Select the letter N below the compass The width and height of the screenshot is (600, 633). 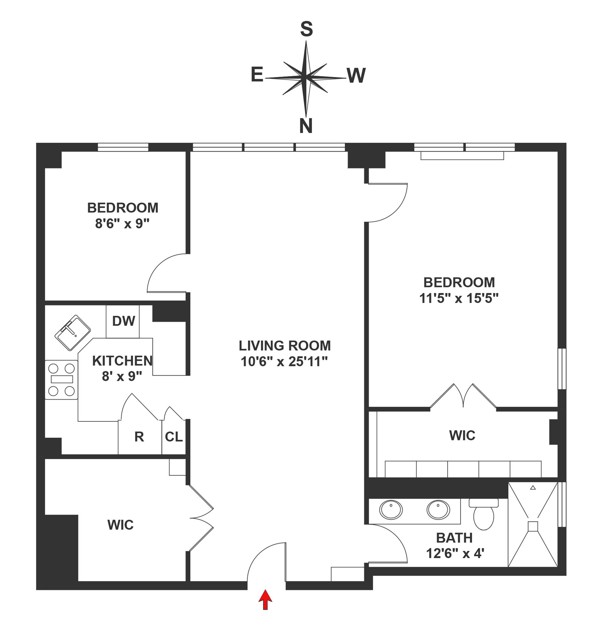[305, 126]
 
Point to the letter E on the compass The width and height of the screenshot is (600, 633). [257, 75]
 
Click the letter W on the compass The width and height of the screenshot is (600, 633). [356, 76]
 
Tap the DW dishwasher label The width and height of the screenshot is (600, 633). [123, 321]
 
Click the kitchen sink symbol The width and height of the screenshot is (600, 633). [73, 333]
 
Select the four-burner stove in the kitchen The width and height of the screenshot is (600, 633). [61, 380]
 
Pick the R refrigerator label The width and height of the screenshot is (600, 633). [139, 437]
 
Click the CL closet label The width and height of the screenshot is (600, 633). [174, 437]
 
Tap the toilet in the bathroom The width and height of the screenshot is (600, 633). [483, 515]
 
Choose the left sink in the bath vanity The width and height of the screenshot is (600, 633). [391, 509]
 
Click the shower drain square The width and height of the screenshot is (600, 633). [533, 526]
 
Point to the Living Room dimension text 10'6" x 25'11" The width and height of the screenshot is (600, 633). [284, 362]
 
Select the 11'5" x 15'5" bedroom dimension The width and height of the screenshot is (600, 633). [459, 298]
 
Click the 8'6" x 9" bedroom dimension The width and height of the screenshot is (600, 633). [123, 224]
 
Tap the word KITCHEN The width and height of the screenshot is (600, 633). [122, 361]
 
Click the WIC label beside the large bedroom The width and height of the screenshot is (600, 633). [462, 436]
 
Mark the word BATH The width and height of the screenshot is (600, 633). [454, 538]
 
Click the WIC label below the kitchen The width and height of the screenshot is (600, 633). [120, 525]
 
